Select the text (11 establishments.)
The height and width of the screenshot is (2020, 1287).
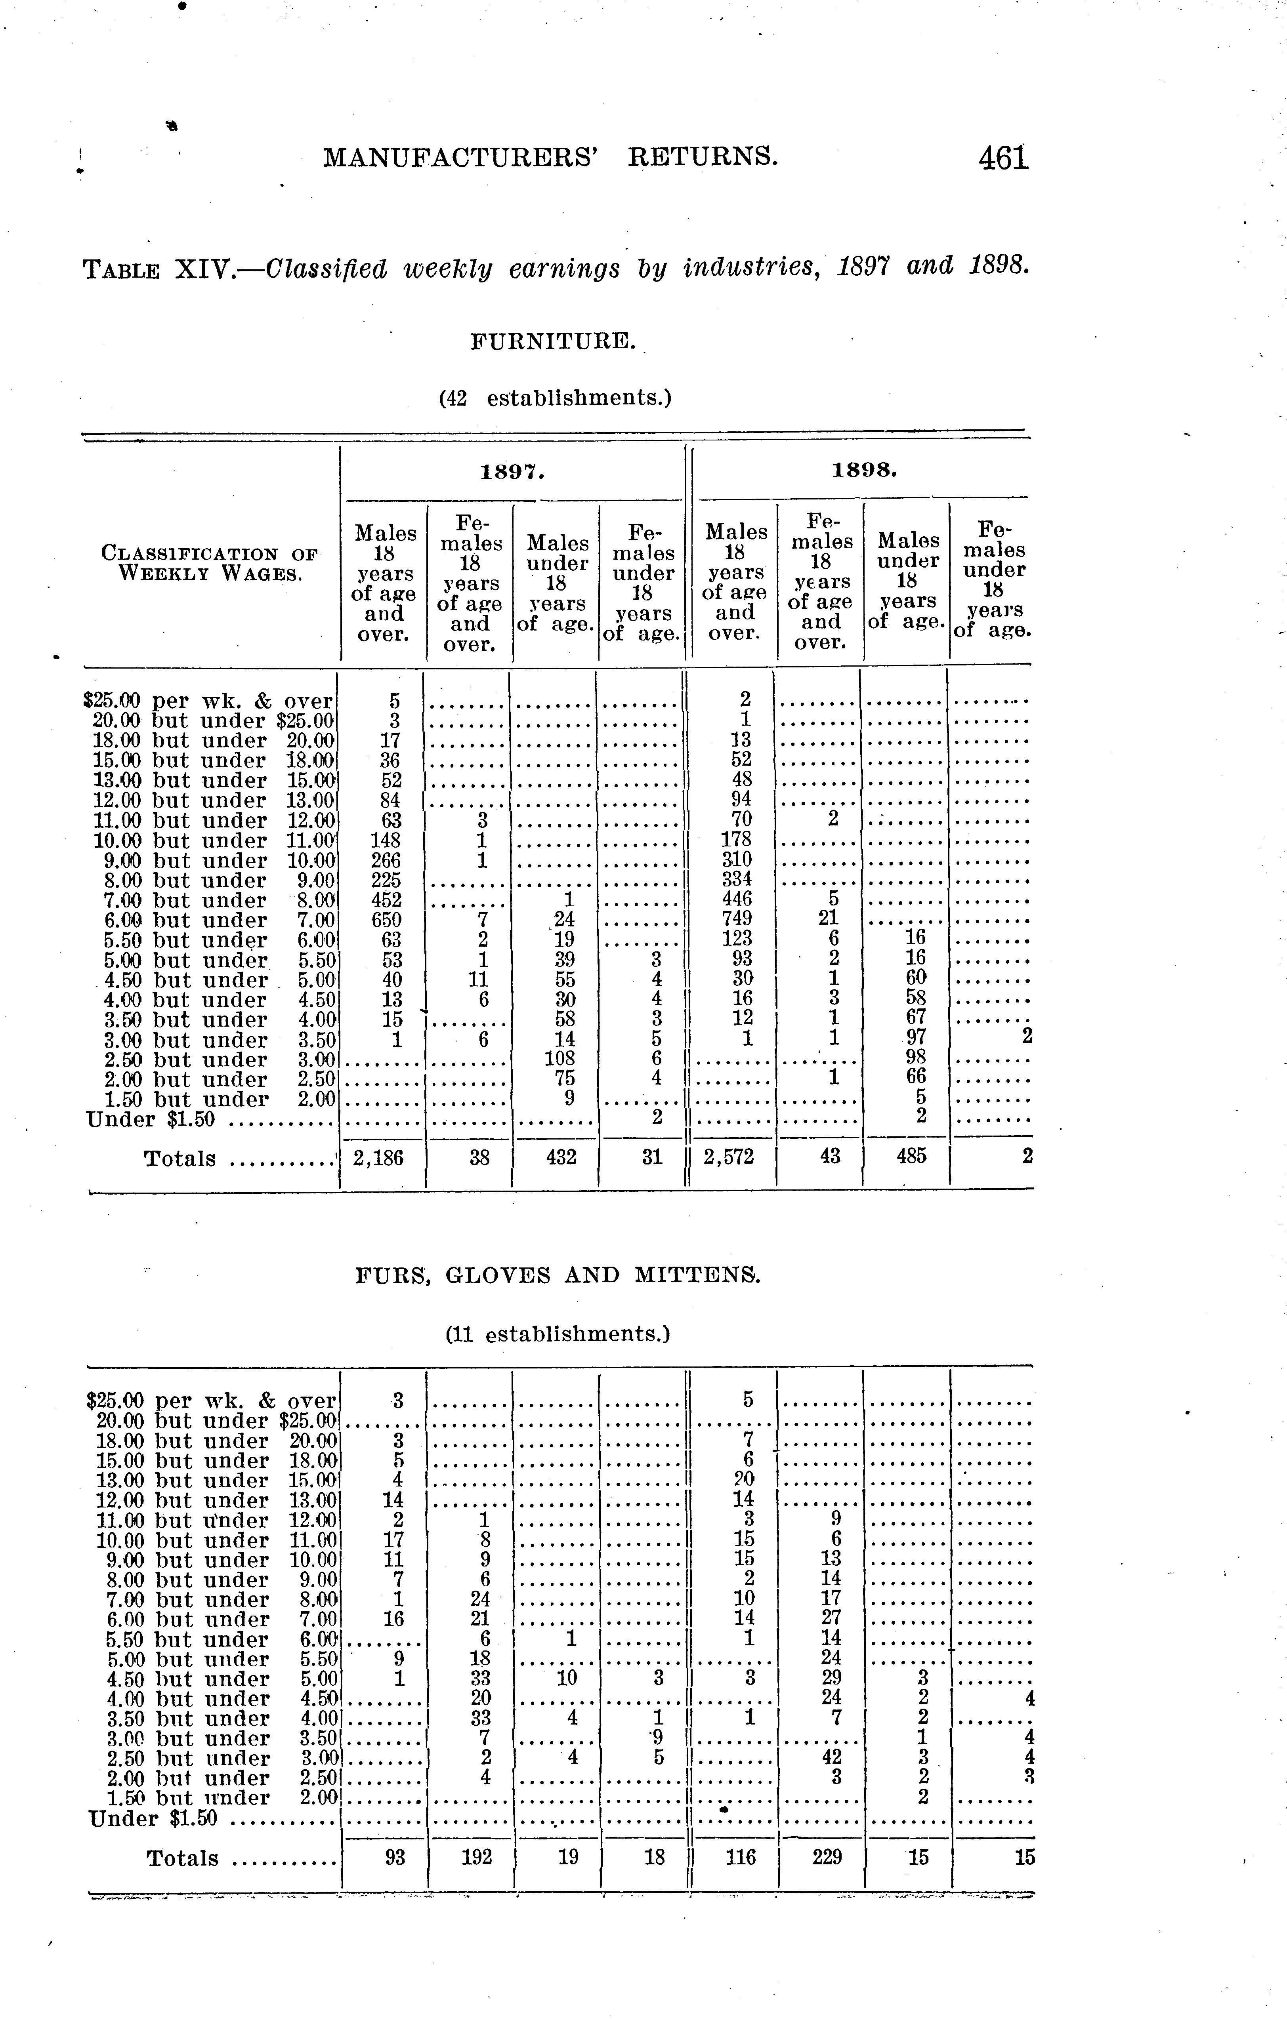pos(557,1334)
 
